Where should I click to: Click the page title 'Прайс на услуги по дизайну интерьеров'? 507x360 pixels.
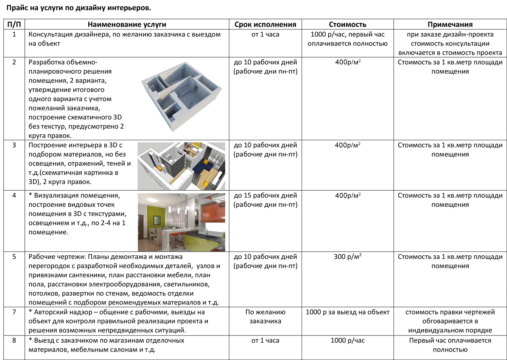coord(79,8)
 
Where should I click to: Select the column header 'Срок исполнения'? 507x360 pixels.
coord(265,25)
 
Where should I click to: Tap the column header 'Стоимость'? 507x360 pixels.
coord(347,25)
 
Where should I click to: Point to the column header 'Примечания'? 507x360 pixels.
coord(450,25)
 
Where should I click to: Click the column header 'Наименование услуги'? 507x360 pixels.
coord(127,25)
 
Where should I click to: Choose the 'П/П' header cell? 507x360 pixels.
coord(14,25)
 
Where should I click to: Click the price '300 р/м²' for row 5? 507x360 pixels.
coord(347,257)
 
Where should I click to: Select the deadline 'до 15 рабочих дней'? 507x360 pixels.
coord(265,196)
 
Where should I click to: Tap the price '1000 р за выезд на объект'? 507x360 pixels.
coord(347,312)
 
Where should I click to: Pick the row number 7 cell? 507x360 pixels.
coord(14,312)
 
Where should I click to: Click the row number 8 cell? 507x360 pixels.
coord(14,341)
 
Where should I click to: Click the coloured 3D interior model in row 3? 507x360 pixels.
coord(181,166)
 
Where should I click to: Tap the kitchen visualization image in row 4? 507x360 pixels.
coord(181,222)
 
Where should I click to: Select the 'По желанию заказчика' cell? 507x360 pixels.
coord(265,317)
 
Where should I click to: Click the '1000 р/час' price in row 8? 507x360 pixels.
coord(347,341)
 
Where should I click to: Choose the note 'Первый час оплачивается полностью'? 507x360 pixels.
coord(450,345)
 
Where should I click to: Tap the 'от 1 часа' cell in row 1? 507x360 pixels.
coord(265,35)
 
